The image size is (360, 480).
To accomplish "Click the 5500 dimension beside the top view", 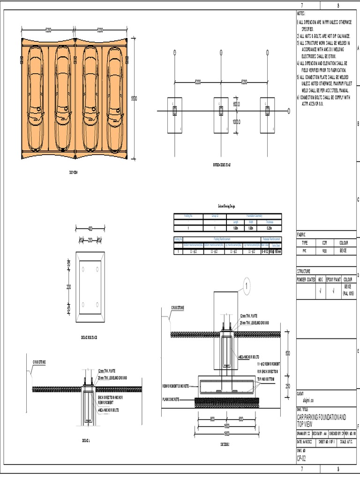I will (134, 98).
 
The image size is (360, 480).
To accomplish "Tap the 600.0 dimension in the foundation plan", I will (236, 104).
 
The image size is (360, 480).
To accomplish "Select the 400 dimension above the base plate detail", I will (90, 229).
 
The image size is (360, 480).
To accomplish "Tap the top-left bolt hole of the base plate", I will (83, 269).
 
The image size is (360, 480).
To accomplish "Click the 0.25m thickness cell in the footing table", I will (268, 228).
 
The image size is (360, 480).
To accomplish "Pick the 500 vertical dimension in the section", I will (287, 353).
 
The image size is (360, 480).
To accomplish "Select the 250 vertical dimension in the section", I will (287, 385).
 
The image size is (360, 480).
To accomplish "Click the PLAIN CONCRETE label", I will (172, 400).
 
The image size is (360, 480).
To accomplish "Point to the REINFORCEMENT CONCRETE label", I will (176, 386).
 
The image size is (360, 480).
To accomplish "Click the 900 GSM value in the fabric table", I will (324, 251).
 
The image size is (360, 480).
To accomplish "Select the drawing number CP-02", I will (302, 457).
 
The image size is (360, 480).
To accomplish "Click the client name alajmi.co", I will (305, 401).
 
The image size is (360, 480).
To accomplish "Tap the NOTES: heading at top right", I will (301, 14).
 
